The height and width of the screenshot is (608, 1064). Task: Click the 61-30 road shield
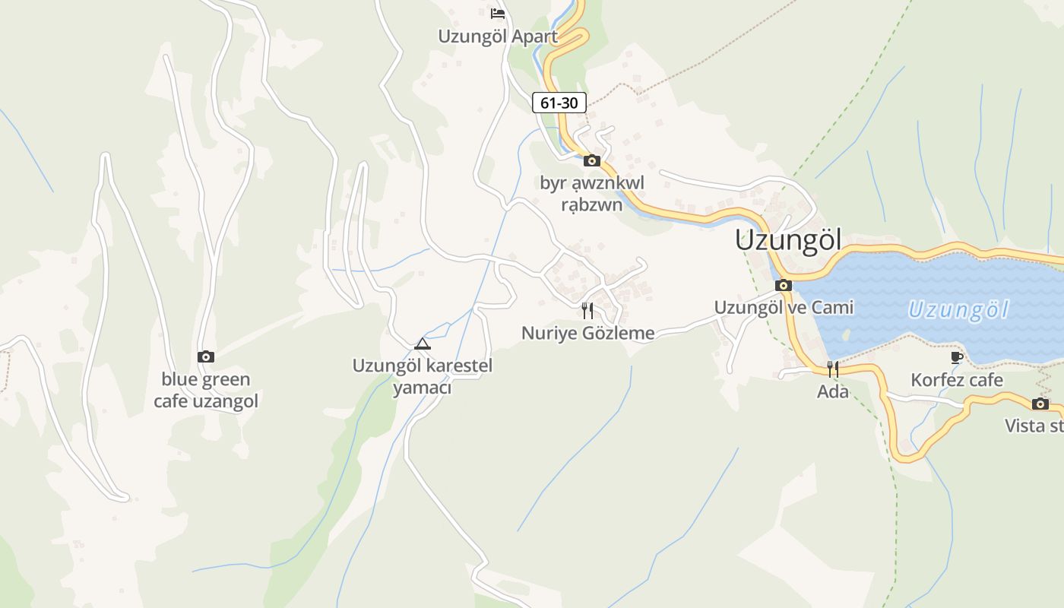(x=559, y=103)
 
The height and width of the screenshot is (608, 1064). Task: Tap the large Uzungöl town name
(x=788, y=241)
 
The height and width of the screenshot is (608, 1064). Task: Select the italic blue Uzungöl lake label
(x=958, y=310)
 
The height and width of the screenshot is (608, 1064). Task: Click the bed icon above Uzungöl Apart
(x=498, y=14)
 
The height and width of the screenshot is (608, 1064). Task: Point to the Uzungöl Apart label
(x=498, y=36)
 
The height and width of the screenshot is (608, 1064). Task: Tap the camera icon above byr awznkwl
(x=592, y=160)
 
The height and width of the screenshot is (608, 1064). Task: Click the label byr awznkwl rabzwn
(x=592, y=193)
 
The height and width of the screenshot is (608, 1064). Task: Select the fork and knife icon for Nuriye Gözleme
(x=587, y=310)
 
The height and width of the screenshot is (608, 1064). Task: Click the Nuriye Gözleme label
(x=587, y=333)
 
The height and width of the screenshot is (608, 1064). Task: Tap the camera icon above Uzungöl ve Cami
(x=784, y=286)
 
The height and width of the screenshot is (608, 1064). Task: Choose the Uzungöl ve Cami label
(x=784, y=307)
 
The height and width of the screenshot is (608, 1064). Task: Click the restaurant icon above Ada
(x=833, y=369)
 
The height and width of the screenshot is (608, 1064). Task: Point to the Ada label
(x=833, y=392)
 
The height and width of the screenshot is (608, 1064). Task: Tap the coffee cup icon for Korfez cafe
(x=957, y=357)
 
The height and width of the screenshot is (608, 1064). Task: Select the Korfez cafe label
(x=957, y=380)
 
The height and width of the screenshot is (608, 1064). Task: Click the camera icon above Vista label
(x=1040, y=404)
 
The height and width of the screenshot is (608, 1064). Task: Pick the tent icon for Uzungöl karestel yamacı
(x=423, y=344)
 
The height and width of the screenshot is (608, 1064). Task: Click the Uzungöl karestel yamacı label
(x=423, y=377)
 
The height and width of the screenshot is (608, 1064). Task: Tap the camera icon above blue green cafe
(x=206, y=356)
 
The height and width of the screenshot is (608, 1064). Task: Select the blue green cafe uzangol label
(x=206, y=390)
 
